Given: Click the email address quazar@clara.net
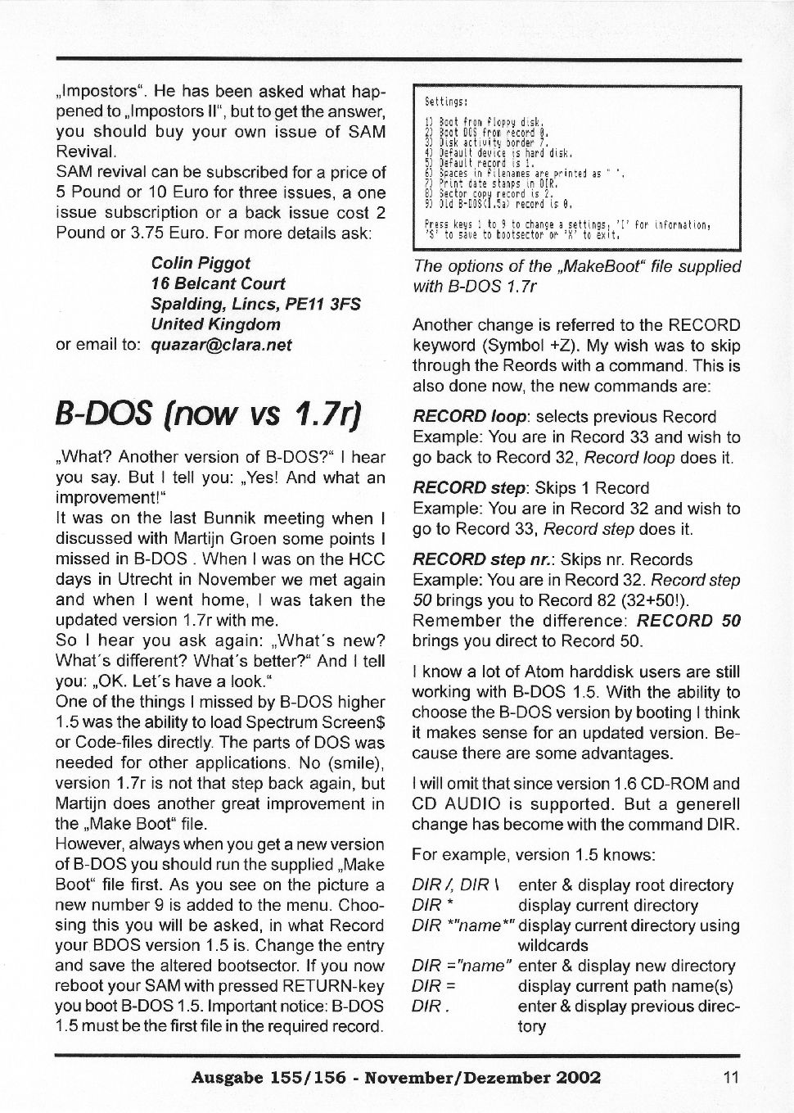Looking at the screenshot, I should [x=222, y=344].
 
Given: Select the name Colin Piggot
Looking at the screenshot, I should [x=201, y=263].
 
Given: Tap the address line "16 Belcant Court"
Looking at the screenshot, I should [x=218, y=283].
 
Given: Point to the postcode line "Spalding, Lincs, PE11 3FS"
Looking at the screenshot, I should [x=255, y=304].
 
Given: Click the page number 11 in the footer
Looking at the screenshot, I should [x=731, y=1077].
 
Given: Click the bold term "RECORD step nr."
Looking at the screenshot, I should [x=471, y=560].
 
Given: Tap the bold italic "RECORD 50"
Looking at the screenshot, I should [x=688, y=621].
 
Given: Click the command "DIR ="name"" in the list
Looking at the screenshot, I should [x=462, y=966].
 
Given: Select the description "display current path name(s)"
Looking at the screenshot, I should [x=625, y=987].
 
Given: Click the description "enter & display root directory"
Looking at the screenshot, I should [x=625, y=885].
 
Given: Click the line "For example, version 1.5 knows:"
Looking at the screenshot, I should [x=534, y=855].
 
